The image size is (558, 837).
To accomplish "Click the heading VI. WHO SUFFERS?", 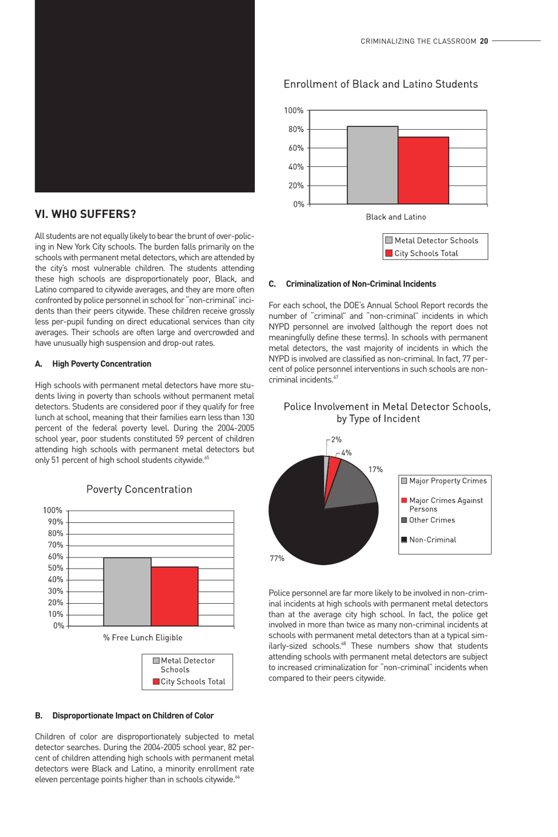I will (x=85, y=214).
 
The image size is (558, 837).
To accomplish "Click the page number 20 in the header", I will (x=484, y=41).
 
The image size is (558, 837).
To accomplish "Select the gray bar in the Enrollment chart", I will (x=372, y=165).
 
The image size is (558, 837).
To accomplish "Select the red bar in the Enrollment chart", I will (x=423, y=170).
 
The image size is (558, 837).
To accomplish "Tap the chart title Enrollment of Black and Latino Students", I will (x=381, y=85).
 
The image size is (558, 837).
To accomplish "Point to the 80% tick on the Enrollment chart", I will (x=295, y=129).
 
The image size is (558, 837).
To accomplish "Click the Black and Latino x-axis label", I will (x=396, y=217).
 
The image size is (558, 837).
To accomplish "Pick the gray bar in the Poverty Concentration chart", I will (x=127, y=591).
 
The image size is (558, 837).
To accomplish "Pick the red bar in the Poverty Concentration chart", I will (x=174, y=596).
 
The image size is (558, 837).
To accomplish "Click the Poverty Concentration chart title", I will (x=139, y=490).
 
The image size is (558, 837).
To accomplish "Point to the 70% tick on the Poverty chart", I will (x=55, y=545).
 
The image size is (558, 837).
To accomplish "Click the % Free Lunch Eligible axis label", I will (x=143, y=638).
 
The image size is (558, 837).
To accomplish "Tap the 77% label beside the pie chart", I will (x=277, y=559).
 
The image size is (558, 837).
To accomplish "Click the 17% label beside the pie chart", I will (x=375, y=470).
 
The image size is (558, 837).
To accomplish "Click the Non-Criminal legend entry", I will (x=432, y=540).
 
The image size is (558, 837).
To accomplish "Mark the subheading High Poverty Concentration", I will (x=101, y=364).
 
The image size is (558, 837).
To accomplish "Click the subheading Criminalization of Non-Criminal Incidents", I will (x=360, y=284).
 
